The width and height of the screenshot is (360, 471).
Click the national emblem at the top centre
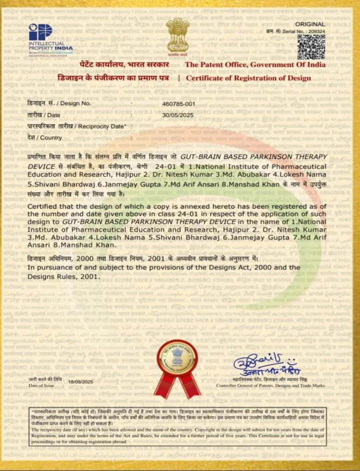pyautogui.click(x=177, y=35)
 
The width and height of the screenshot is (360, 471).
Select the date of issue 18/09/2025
pyautogui.click(x=80, y=381)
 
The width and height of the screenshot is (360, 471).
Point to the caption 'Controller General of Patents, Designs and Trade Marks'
pyautogui.click(x=270, y=385)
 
